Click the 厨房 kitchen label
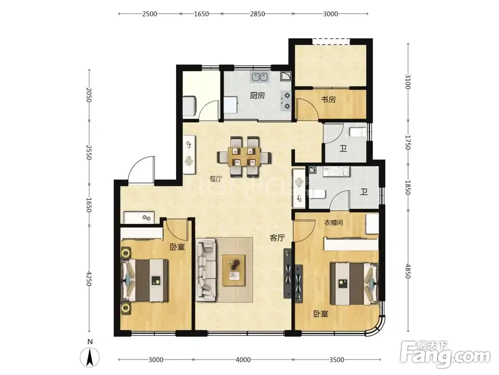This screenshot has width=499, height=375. [257, 95]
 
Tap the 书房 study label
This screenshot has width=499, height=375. [328, 99]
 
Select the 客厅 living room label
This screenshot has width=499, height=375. [277, 237]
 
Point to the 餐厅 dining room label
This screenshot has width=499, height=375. [216, 178]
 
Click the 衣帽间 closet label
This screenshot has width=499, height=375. [333, 222]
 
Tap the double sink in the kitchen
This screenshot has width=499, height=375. [259, 77]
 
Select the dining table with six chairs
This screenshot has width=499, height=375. [245, 157]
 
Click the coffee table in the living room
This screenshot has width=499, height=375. [234, 270]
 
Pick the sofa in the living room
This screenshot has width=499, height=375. [206, 271]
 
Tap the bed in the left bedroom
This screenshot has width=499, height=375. [145, 280]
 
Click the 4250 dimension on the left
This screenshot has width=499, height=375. [89, 278]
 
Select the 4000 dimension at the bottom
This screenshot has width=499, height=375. [243, 359]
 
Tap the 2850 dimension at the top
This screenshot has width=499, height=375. [257, 13]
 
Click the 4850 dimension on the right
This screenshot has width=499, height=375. [408, 270]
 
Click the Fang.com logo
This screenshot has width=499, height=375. [445, 353]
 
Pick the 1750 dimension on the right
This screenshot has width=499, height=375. [408, 142]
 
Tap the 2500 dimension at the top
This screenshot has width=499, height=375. [150, 13]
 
